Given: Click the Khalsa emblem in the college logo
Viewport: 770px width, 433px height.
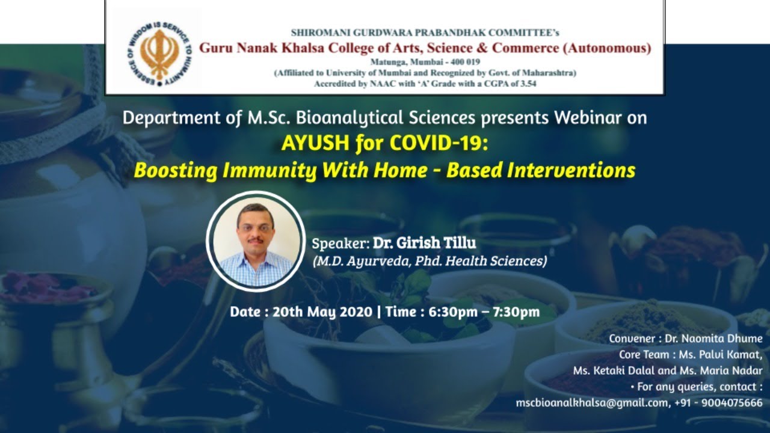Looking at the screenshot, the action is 159,54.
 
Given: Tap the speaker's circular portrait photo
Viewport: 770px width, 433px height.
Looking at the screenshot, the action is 256,241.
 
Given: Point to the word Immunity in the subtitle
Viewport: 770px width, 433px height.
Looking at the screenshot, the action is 266,171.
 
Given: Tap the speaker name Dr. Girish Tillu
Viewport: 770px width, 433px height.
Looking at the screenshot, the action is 425,242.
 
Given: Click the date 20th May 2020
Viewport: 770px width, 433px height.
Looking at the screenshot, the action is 322,312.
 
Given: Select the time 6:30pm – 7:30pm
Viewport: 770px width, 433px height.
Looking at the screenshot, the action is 484,312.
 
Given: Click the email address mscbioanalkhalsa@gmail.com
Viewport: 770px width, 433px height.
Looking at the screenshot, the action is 593,403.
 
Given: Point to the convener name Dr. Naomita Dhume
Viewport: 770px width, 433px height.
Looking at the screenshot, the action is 713,339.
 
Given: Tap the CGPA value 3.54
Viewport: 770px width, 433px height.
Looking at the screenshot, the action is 528,84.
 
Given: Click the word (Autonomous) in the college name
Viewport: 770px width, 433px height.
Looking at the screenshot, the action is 607,48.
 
